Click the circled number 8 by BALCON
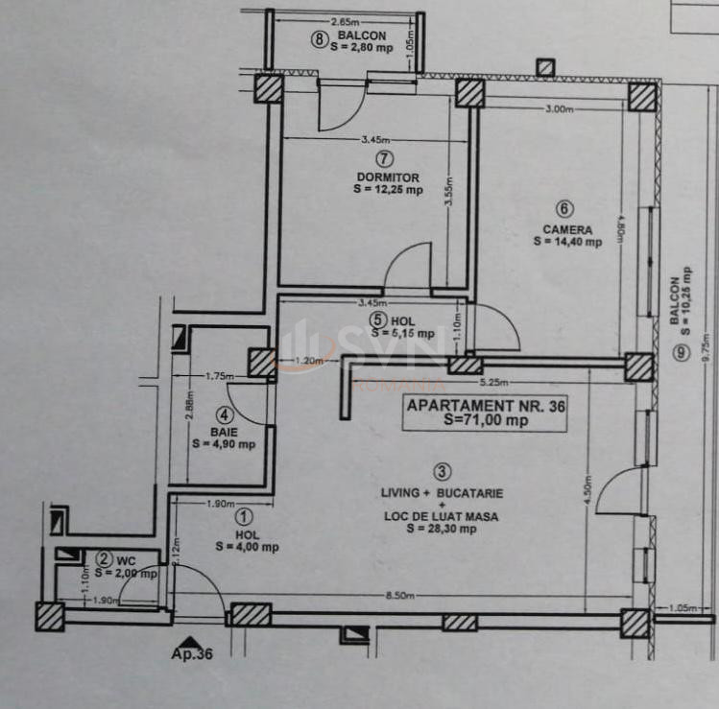click(320, 39)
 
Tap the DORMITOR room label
click(388, 177)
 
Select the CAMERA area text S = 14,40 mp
click(567, 242)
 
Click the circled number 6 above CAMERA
click(565, 208)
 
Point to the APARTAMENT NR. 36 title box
click(486, 414)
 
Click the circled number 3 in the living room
click(442, 471)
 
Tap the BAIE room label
click(224, 431)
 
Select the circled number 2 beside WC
click(103, 559)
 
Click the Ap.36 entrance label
click(192, 656)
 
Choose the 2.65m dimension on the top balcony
click(344, 21)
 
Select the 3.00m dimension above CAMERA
click(558, 109)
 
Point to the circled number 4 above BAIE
click(224, 415)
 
